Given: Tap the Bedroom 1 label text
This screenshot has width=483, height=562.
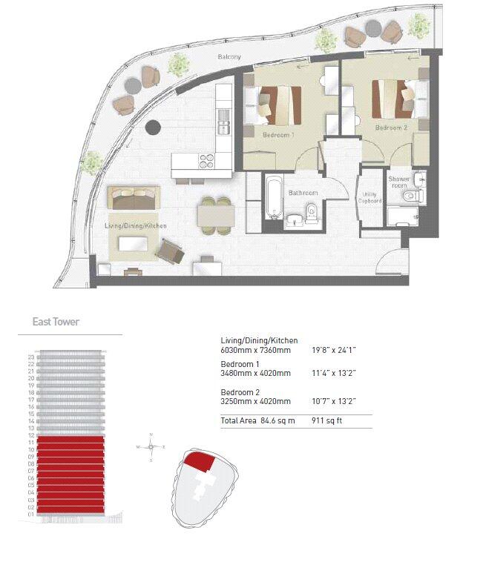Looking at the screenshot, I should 278,136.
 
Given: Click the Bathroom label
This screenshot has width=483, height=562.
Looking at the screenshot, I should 303,193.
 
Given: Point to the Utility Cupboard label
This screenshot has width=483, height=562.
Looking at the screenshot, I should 369,197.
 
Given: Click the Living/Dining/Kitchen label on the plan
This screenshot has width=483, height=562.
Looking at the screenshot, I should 136,225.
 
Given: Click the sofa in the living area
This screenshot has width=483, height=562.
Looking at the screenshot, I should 134,197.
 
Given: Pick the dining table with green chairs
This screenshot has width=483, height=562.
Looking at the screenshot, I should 215,215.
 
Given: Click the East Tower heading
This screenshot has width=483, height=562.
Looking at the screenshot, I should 56,322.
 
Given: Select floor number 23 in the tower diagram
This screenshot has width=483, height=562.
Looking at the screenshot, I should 31,357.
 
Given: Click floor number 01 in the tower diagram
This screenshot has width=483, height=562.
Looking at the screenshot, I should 31,513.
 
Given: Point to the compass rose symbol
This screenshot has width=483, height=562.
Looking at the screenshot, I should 151,447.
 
